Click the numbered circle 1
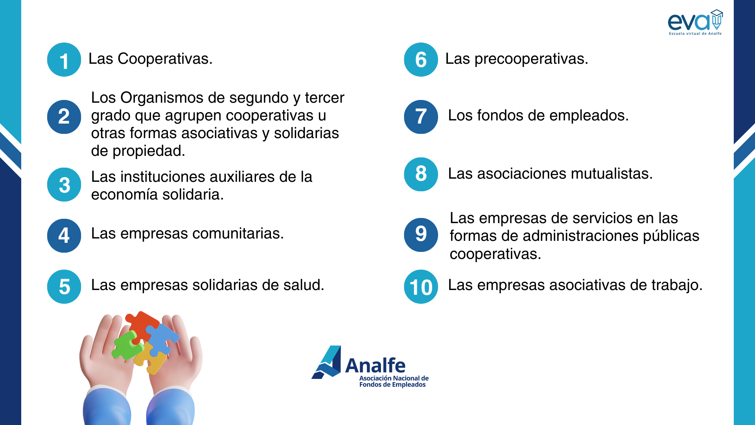click(x=64, y=59)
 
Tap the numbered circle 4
click(x=64, y=235)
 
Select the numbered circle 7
click(x=421, y=117)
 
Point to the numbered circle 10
click(x=421, y=286)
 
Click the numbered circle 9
click(x=421, y=235)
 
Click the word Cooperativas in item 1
click(x=165, y=59)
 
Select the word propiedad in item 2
click(x=149, y=151)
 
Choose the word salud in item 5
click(x=304, y=285)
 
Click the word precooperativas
click(x=531, y=59)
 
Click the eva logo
click(x=695, y=22)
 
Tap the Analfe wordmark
click(x=375, y=366)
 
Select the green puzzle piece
click(x=127, y=345)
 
